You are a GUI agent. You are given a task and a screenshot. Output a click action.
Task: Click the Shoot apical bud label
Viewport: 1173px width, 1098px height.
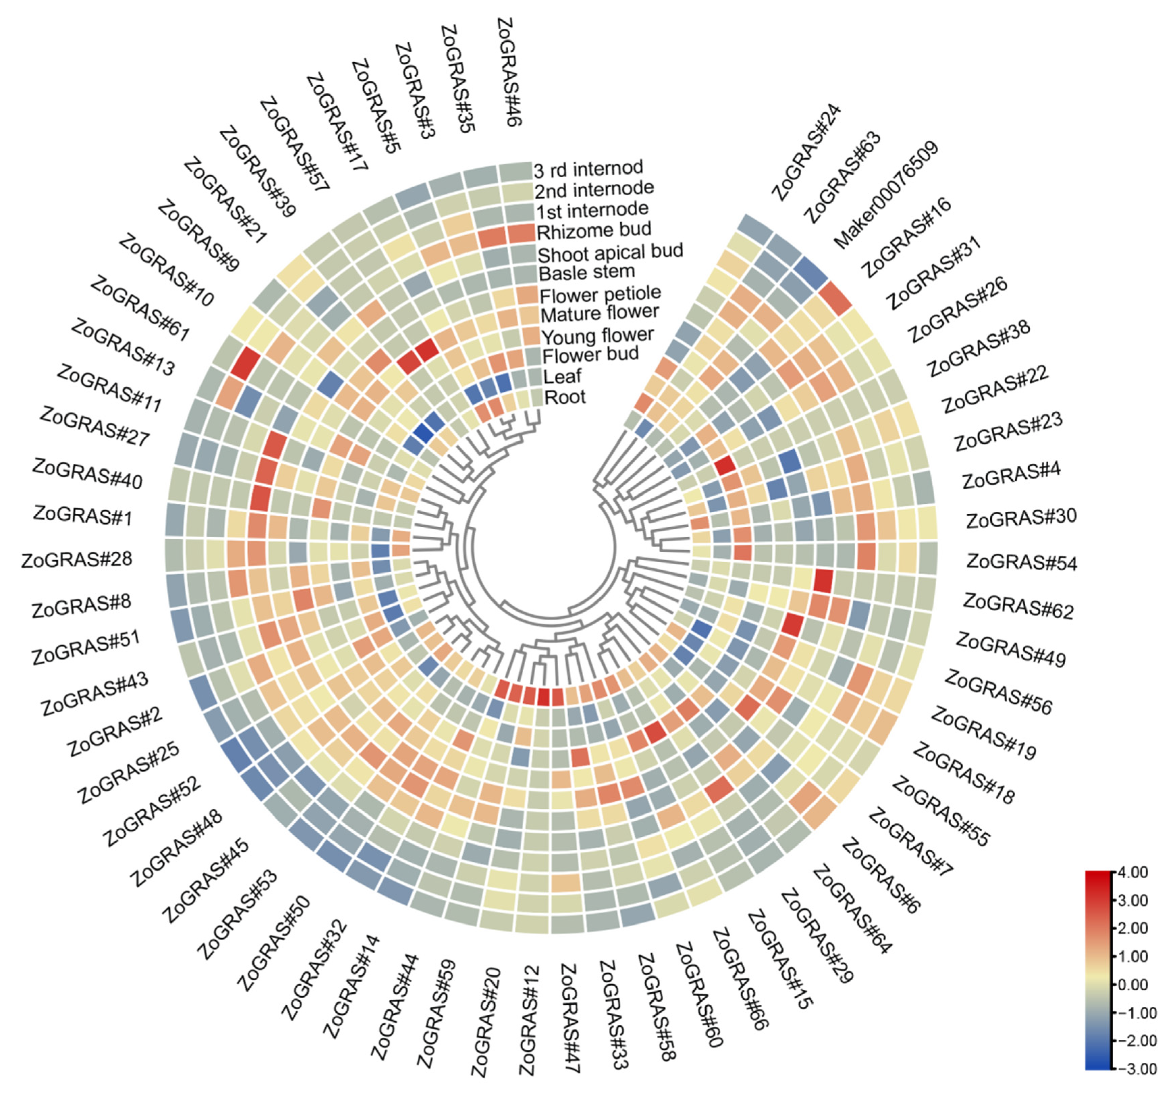610,252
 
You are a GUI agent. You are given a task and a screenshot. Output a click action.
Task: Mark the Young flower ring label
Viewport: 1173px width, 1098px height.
597,336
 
